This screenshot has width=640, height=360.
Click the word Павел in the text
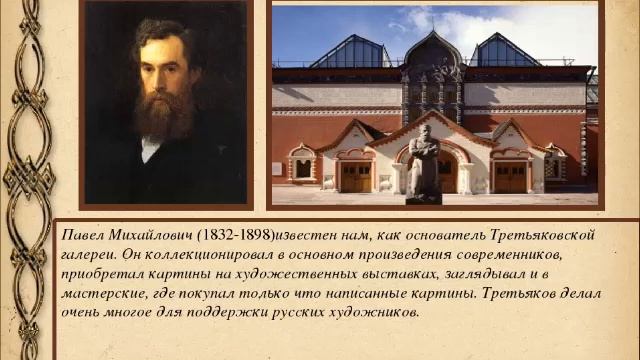coord(81,235)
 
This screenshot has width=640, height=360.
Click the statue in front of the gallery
coord(424,165)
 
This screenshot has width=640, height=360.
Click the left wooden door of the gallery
coord(355,176)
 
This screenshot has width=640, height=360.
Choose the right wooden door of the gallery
coord(510,176)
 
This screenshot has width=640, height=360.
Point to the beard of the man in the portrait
coord(160,115)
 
